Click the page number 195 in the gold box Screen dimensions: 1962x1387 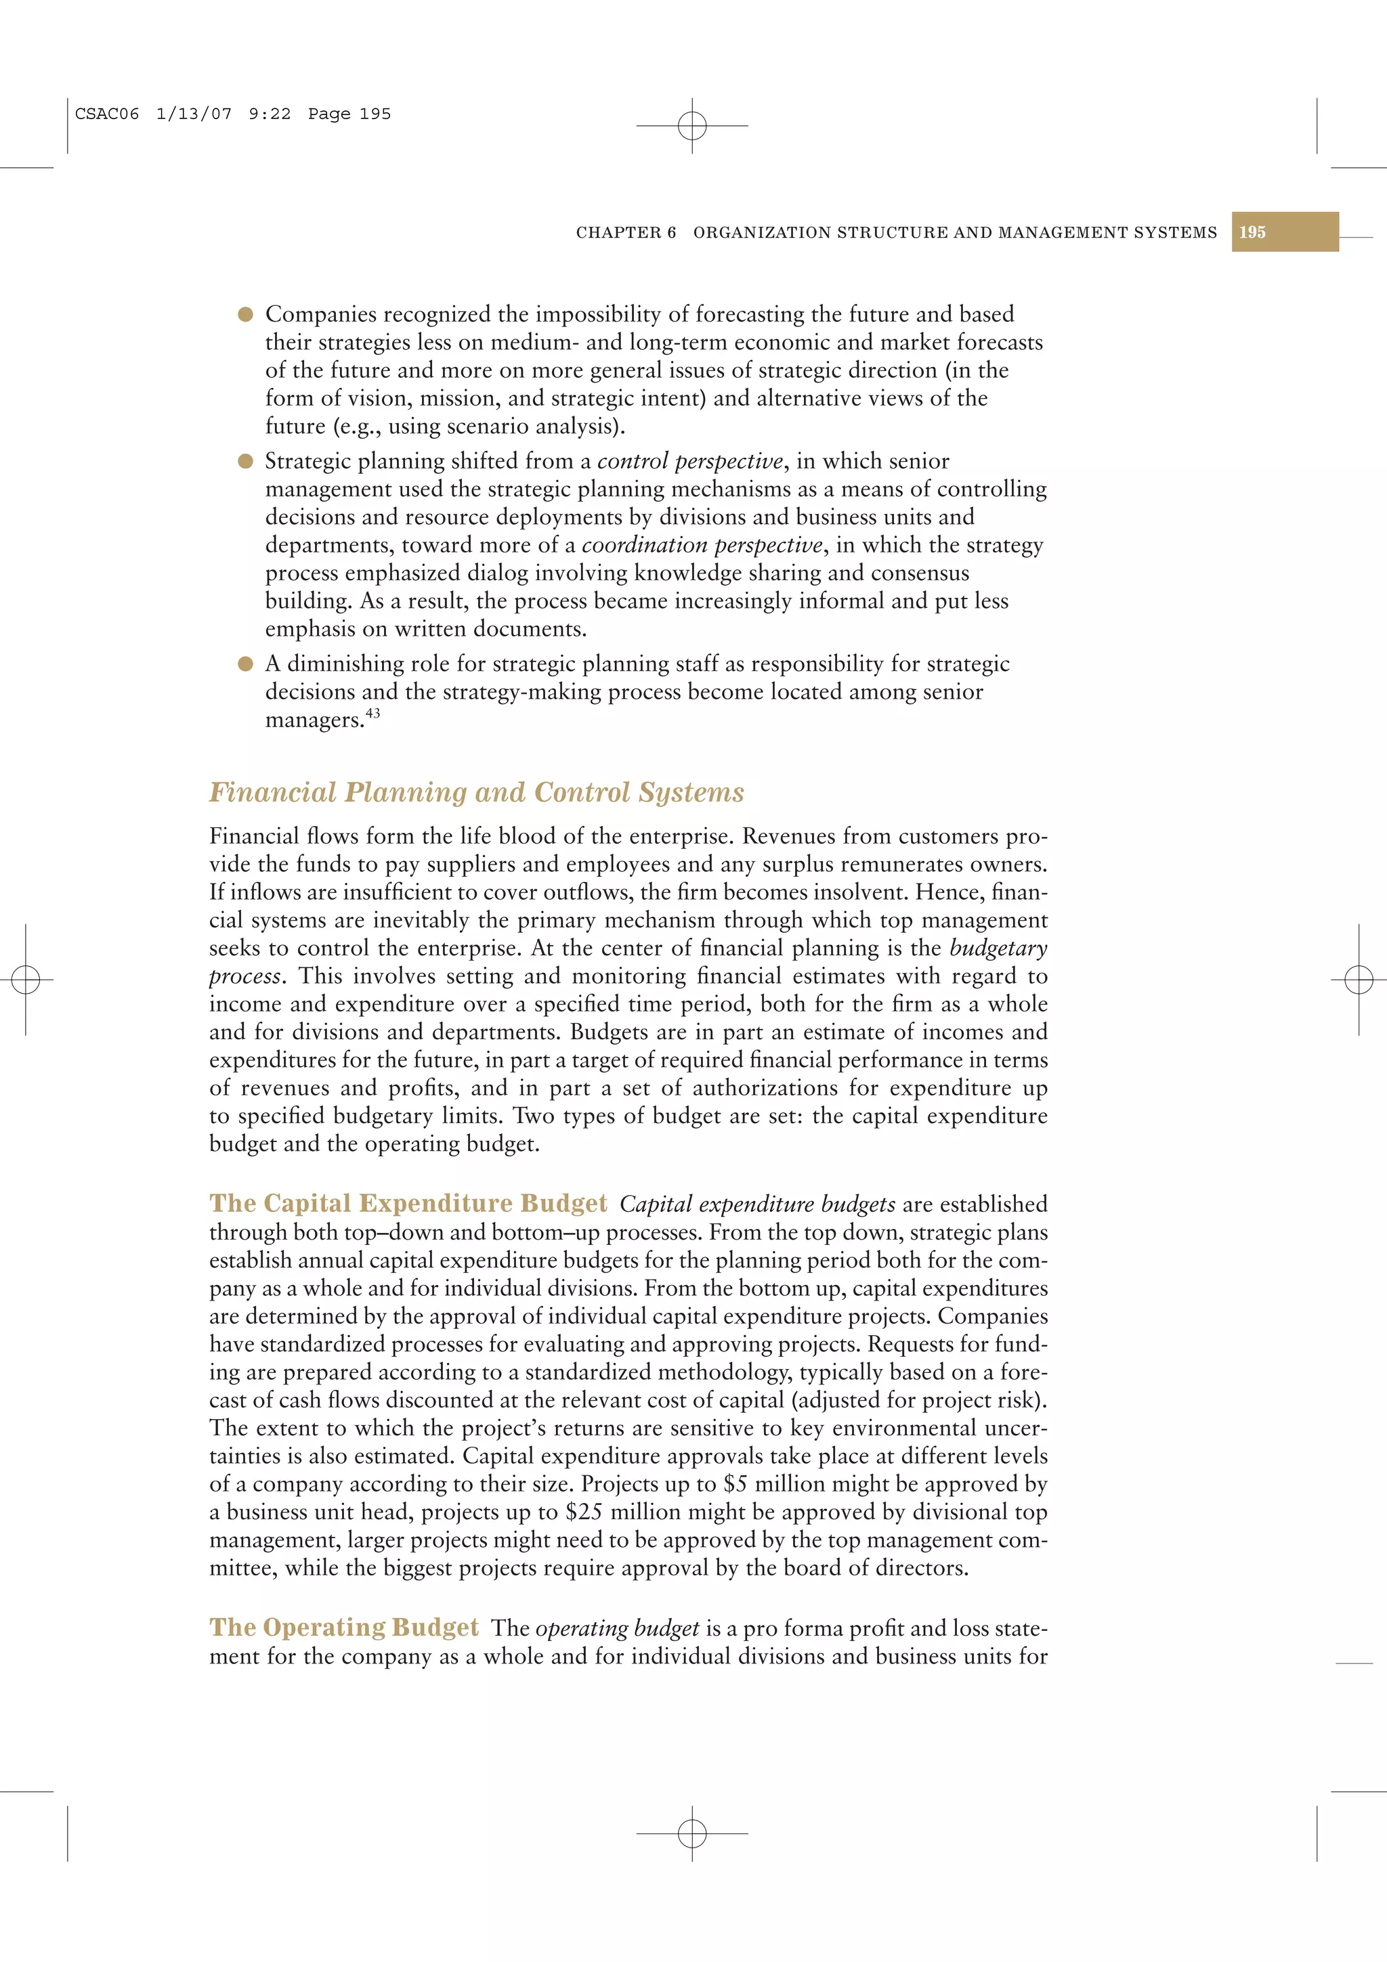point(1252,232)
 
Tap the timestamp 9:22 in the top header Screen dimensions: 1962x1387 point(269,114)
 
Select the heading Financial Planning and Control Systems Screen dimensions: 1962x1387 point(476,792)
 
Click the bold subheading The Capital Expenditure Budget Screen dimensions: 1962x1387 point(408,1203)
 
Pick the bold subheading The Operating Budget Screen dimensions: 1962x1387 point(343,1627)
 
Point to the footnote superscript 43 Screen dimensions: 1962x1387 point(372,713)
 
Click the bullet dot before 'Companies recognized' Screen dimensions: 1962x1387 point(245,314)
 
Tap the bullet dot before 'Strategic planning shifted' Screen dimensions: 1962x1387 point(245,462)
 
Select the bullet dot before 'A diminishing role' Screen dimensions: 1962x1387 point(245,664)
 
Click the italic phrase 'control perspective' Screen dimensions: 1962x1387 point(689,462)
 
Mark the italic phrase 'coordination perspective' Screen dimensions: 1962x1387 point(702,545)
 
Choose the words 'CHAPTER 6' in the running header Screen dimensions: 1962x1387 point(626,232)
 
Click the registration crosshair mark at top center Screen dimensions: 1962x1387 point(692,126)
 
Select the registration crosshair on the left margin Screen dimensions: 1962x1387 point(26,979)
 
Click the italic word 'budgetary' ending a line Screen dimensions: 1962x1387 point(998,948)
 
